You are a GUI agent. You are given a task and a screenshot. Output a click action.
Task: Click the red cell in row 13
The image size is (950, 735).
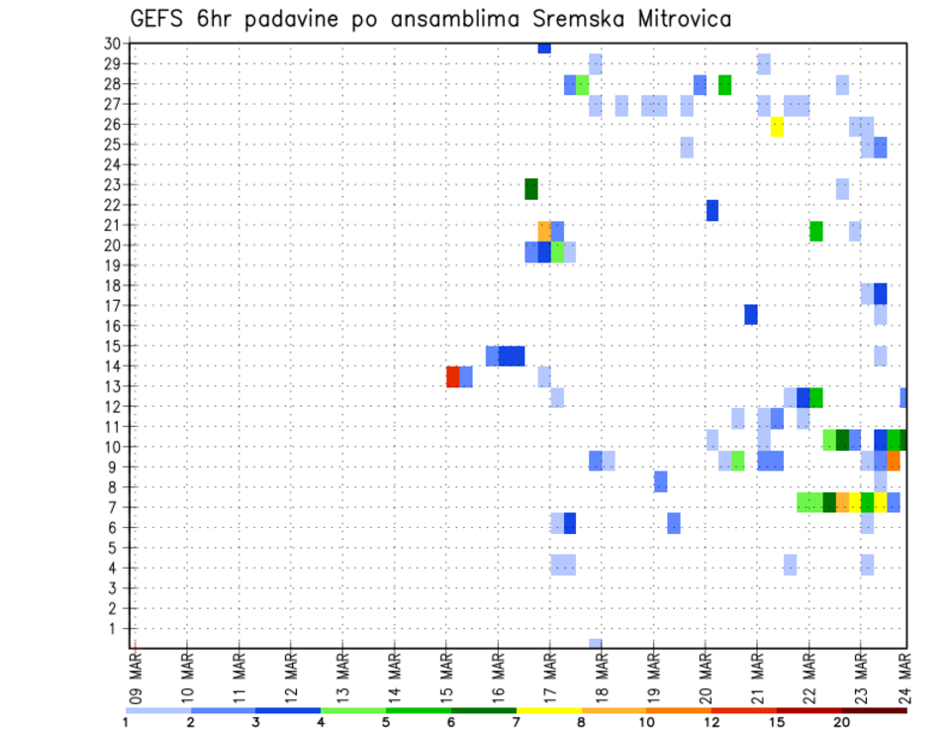pos(453,376)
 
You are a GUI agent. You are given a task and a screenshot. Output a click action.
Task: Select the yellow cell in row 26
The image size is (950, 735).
pos(777,127)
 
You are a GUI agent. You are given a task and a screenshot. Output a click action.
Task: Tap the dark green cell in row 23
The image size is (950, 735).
pos(531,188)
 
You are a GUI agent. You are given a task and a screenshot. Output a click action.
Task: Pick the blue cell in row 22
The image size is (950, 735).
pos(712,210)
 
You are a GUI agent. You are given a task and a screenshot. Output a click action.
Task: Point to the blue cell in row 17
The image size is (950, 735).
pos(751,314)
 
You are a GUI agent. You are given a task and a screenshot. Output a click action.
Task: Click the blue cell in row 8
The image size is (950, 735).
pos(661,481)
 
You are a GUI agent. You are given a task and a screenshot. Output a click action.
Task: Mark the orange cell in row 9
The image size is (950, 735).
pos(894,461)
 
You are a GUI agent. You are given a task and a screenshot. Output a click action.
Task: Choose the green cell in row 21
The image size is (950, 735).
pos(816,231)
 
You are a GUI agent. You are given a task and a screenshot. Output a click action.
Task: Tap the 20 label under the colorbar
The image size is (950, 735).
pos(841,722)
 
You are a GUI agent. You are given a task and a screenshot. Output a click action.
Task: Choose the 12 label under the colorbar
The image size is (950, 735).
pos(712,722)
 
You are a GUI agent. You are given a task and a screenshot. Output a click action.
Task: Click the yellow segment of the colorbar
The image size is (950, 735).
pos(548,709)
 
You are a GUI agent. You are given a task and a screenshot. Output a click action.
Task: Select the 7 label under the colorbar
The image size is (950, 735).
pos(516,722)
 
